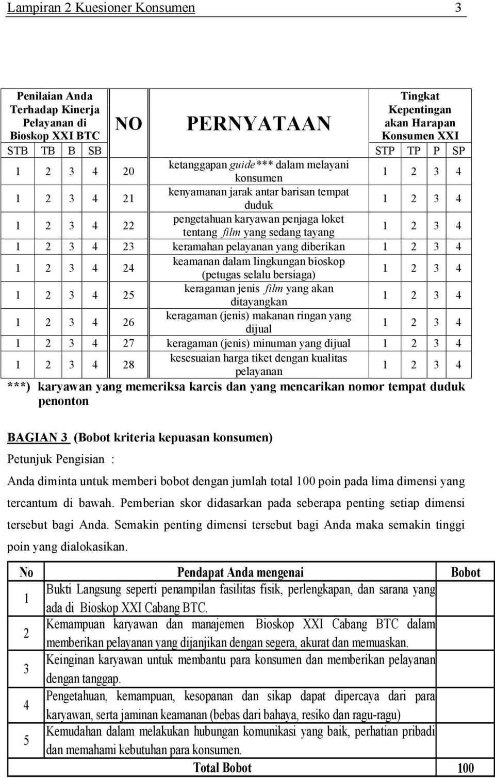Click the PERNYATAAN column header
(x=258, y=123)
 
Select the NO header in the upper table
(x=128, y=124)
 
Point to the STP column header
(x=385, y=151)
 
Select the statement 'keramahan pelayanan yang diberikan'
(x=258, y=247)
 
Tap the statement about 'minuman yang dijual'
(x=258, y=343)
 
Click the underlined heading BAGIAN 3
(x=38, y=438)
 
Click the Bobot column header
(x=465, y=572)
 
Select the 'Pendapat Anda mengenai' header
(x=240, y=572)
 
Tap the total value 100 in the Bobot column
(x=465, y=768)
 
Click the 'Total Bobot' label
(x=222, y=768)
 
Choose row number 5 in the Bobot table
(x=27, y=740)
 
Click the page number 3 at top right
(x=458, y=8)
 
